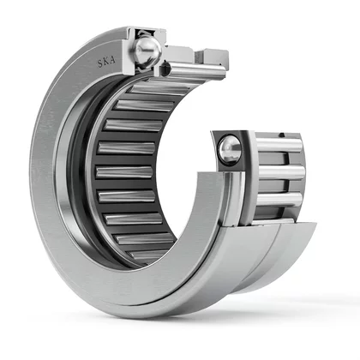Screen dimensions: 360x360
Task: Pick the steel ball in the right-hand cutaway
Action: tap(229, 150)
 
